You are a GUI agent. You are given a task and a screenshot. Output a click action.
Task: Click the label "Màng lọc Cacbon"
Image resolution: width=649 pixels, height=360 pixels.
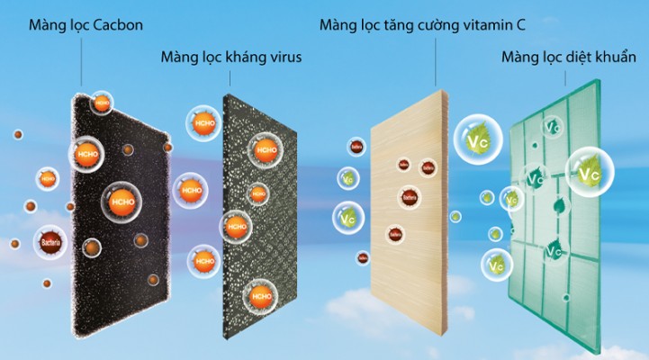point(81,23)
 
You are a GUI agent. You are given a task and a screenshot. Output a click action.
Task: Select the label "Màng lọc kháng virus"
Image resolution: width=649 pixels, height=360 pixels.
point(230,58)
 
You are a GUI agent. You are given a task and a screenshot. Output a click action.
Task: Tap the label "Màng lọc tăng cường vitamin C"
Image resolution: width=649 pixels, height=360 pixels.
point(423,23)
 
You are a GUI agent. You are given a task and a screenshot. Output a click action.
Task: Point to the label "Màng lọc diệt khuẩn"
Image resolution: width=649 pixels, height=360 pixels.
point(568,58)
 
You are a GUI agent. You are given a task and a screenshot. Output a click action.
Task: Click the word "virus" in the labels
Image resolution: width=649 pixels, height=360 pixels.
point(282,58)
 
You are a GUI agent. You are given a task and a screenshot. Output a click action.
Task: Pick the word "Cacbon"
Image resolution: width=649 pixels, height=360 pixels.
point(116,23)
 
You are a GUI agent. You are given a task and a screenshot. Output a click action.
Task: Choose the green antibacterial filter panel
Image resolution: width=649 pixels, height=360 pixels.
point(554,207)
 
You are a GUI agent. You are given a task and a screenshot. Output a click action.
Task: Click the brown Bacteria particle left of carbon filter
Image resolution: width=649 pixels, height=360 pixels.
point(50,240)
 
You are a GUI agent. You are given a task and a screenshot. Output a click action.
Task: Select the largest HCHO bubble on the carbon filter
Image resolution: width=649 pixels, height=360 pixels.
point(118,201)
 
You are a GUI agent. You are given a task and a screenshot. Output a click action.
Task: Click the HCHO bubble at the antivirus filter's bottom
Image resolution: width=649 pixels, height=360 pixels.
point(262,295)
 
